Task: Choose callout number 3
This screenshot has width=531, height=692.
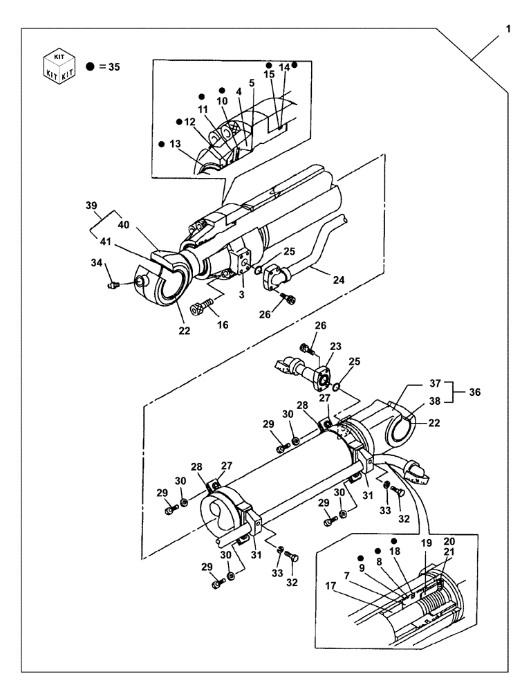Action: click(242, 295)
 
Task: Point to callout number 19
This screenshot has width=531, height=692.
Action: click(426, 543)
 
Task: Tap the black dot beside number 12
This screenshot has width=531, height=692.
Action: click(179, 122)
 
